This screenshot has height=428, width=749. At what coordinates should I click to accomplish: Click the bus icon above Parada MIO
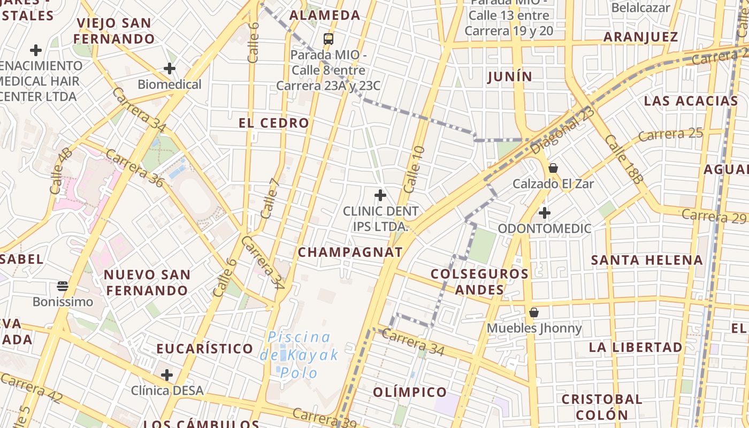(x=328, y=39)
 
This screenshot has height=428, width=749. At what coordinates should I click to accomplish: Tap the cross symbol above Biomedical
(x=170, y=68)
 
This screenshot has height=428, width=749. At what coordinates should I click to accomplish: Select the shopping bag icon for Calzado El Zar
(x=553, y=168)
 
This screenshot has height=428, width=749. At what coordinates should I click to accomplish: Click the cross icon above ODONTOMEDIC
(x=545, y=213)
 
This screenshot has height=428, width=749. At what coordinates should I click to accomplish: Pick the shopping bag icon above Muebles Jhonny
(x=533, y=312)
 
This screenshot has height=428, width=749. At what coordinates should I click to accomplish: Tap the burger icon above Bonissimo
(x=63, y=286)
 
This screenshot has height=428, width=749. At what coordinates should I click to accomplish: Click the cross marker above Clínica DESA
(x=167, y=375)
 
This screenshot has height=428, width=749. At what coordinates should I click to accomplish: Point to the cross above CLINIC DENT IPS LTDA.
(x=380, y=195)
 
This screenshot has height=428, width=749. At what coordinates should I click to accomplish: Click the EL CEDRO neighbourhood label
(x=274, y=123)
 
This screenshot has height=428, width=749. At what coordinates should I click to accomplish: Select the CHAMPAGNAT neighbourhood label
(x=350, y=253)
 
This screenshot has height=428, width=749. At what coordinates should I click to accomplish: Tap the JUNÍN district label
(x=510, y=77)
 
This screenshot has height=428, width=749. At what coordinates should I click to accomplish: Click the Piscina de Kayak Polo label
(x=300, y=355)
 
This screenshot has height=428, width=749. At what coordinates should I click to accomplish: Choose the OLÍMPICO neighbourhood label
(x=410, y=392)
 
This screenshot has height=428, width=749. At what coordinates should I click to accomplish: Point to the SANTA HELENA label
(x=647, y=261)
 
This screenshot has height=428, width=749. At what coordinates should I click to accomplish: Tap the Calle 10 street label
(x=414, y=170)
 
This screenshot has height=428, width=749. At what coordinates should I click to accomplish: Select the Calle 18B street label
(x=624, y=159)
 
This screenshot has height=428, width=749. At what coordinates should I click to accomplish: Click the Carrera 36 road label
(x=134, y=168)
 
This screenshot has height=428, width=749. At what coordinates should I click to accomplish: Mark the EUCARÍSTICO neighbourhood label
(x=205, y=349)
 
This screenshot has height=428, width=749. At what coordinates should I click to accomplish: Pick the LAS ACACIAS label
(x=691, y=101)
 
